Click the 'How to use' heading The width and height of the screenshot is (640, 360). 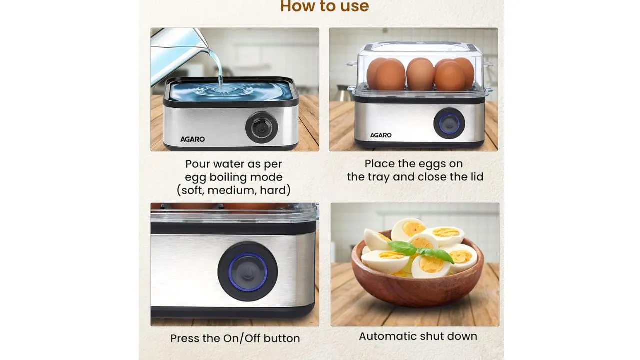pyautogui.click(x=324, y=6)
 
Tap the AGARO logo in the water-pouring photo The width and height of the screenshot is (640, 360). pyautogui.click(x=192, y=139)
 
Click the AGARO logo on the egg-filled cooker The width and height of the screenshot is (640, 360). pyautogui.click(x=381, y=135)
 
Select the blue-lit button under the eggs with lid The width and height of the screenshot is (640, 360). pyautogui.click(x=449, y=123)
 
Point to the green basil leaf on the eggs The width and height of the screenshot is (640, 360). pyautogui.click(x=419, y=250)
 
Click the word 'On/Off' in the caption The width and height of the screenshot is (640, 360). pyautogui.click(x=242, y=338)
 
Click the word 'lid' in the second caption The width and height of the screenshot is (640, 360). pyautogui.click(x=477, y=176)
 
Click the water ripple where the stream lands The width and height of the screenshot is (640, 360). pyautogui.click(x=220, y=89)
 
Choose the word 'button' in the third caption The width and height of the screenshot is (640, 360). pyautogui.click(x=282, y=338)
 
